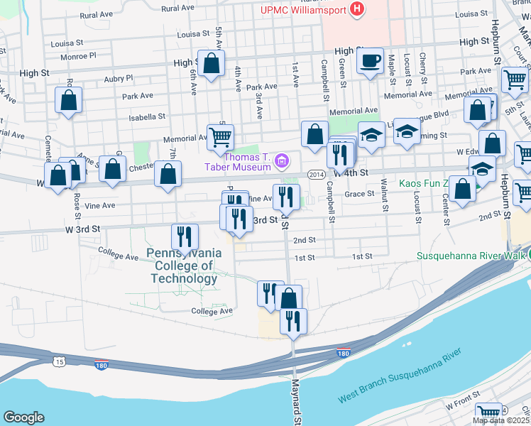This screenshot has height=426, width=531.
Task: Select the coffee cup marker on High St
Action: coord(370,61)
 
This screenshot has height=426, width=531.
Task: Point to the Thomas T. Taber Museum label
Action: coord(248,162)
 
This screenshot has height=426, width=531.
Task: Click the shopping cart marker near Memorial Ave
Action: coord(221,136)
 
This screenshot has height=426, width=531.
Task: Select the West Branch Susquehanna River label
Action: coord(400,376)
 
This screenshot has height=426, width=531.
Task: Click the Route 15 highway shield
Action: coord(57,362)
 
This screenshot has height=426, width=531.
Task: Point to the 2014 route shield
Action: coord(317,174)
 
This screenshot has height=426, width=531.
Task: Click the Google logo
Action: coord(23,417)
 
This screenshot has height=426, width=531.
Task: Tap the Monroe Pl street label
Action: coord(79,55)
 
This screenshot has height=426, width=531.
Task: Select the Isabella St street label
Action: coord(148,116)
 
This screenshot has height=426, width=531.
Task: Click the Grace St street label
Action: coord(359,193)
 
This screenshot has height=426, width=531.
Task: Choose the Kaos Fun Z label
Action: coord(425,184)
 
